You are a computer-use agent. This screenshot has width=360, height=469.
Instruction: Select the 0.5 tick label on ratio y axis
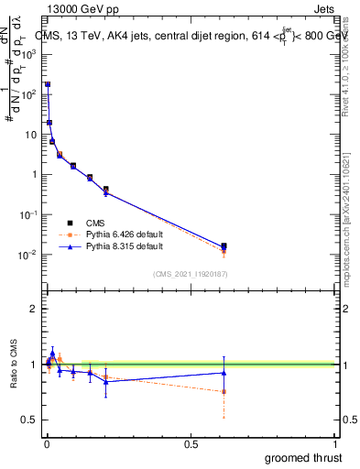pyautogui.click(x=29, y=420)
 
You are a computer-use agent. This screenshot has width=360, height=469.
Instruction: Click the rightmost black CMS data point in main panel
pyautogui.click(x=224, y=245)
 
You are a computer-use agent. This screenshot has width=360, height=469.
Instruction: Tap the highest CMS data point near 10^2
pyautogui.click(x=48, y=84)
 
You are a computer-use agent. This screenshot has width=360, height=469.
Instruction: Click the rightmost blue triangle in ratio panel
pyautogui.click(x=224, y=372)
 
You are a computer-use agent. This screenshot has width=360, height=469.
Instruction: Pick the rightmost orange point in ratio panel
pyautogui.click(x=224, y=391)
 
